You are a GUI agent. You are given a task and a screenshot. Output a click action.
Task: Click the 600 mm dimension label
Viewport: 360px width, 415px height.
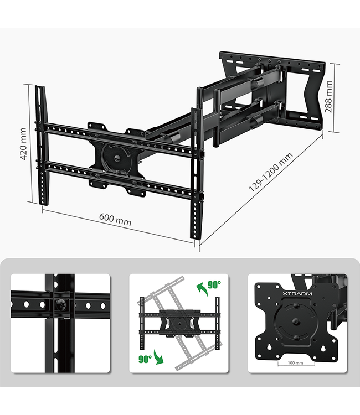[115, 219]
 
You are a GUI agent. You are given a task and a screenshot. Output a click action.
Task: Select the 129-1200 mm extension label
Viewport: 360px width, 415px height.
[270, 172]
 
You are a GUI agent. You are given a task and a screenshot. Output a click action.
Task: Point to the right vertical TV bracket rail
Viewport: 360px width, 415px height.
[195, 172]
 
